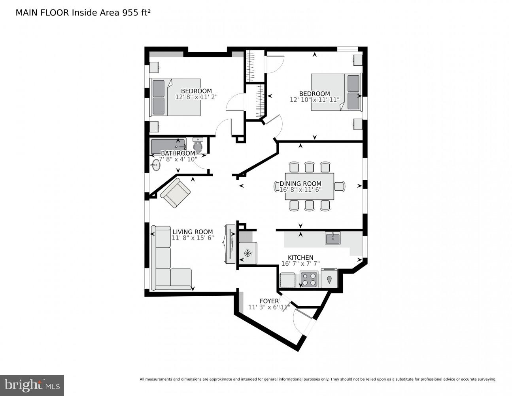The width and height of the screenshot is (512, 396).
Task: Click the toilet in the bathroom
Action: (x=198, y=146)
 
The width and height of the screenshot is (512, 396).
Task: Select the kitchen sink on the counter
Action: (x=333, y=238)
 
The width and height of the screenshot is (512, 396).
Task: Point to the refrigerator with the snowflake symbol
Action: (x=248, y=253)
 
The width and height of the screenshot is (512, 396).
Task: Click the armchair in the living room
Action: (x=175, y=193)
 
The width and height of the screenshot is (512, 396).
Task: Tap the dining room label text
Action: (x=300, y=184)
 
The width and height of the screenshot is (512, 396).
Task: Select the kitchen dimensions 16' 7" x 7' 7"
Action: (x=300, y=264)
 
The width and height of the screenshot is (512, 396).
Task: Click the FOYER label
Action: (x=269, y=301)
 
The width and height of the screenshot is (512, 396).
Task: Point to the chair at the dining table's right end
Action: (x=340, y=186)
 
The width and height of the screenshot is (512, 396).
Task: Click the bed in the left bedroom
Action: (x=176, y=97)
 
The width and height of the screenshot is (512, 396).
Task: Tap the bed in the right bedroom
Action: (x=336, y=92)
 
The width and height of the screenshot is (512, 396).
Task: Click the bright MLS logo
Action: (x=32, y=385)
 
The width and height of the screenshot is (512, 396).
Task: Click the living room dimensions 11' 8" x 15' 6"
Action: (x=193, y=238)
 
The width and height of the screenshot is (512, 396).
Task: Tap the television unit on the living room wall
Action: (x=230, y=244)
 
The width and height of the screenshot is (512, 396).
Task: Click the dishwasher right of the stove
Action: (x=329, y=278)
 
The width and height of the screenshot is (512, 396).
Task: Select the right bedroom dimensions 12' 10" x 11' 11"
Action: (x=315, y=100)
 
